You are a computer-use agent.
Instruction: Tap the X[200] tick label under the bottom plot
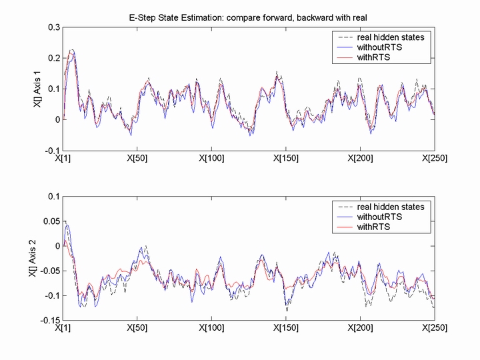click(360, 328)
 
